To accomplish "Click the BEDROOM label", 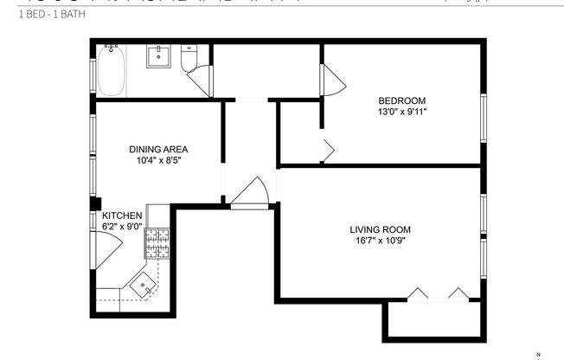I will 402,99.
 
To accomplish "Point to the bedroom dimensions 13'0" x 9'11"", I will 402,111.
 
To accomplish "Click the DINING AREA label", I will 158,148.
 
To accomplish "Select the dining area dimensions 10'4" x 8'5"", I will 158,160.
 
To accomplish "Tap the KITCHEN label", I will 122,215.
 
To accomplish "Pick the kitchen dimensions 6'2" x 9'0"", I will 122,227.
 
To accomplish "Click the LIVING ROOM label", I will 380,229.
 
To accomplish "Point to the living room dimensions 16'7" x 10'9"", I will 380,241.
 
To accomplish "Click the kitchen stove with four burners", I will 157,243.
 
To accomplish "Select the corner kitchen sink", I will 143,282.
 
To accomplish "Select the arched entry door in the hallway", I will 251,192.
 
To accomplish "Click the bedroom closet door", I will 326,149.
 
